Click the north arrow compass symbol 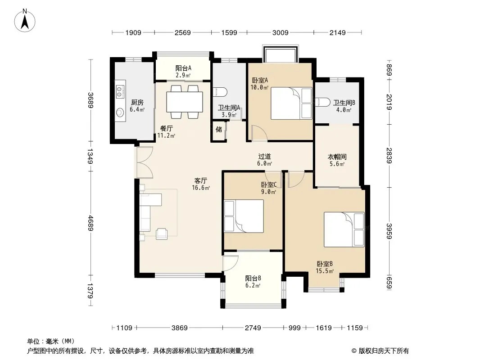[x=25, y=20]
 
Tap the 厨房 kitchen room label [x=137, y=103]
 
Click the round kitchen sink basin [x=120, y=113]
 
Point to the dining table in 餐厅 [x=185, y=102]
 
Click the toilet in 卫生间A [x=220, y=91]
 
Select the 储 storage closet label [x=219, y=130]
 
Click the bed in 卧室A [x=291, y=103]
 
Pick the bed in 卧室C [x=244, y=216]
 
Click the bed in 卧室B [x=344, y=229]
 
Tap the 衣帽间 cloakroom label [x=337, y=157]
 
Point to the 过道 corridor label [x=264, y=157]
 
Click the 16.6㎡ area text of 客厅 [x=201, y=188]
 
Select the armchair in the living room [x=162, y=234]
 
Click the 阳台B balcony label [x=253, y=279]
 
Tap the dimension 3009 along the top [x=281, y=32]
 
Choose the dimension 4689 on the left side [x=91, y=223]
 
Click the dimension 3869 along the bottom [x=179, y=328]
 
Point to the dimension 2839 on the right [x=389, y=156]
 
